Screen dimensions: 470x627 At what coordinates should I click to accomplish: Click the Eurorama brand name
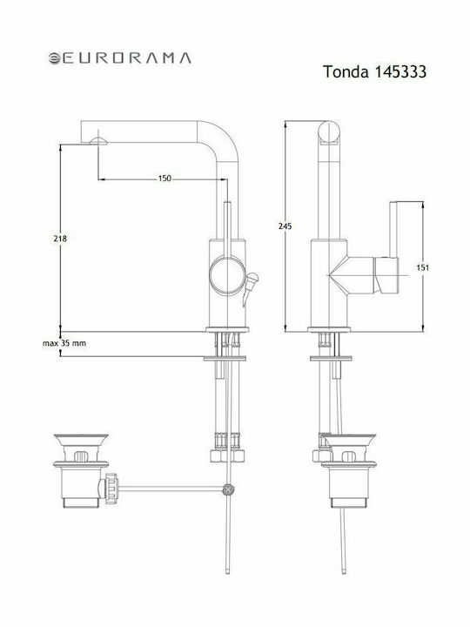pos(126,58)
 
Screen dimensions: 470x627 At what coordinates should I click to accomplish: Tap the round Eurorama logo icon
pos(54,58)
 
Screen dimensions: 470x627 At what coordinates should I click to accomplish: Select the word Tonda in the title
pos(346,72)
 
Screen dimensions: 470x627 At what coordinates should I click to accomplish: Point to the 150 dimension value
pos(164,179)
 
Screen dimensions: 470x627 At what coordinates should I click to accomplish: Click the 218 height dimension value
pos(60,239)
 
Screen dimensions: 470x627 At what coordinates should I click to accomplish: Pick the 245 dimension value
pos(285,226)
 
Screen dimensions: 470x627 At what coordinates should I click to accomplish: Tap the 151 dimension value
pos(422,267)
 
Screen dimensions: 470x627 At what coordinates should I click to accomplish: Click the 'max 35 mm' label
pos(64,343)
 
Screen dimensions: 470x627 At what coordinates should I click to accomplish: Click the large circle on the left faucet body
pos(227,276)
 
